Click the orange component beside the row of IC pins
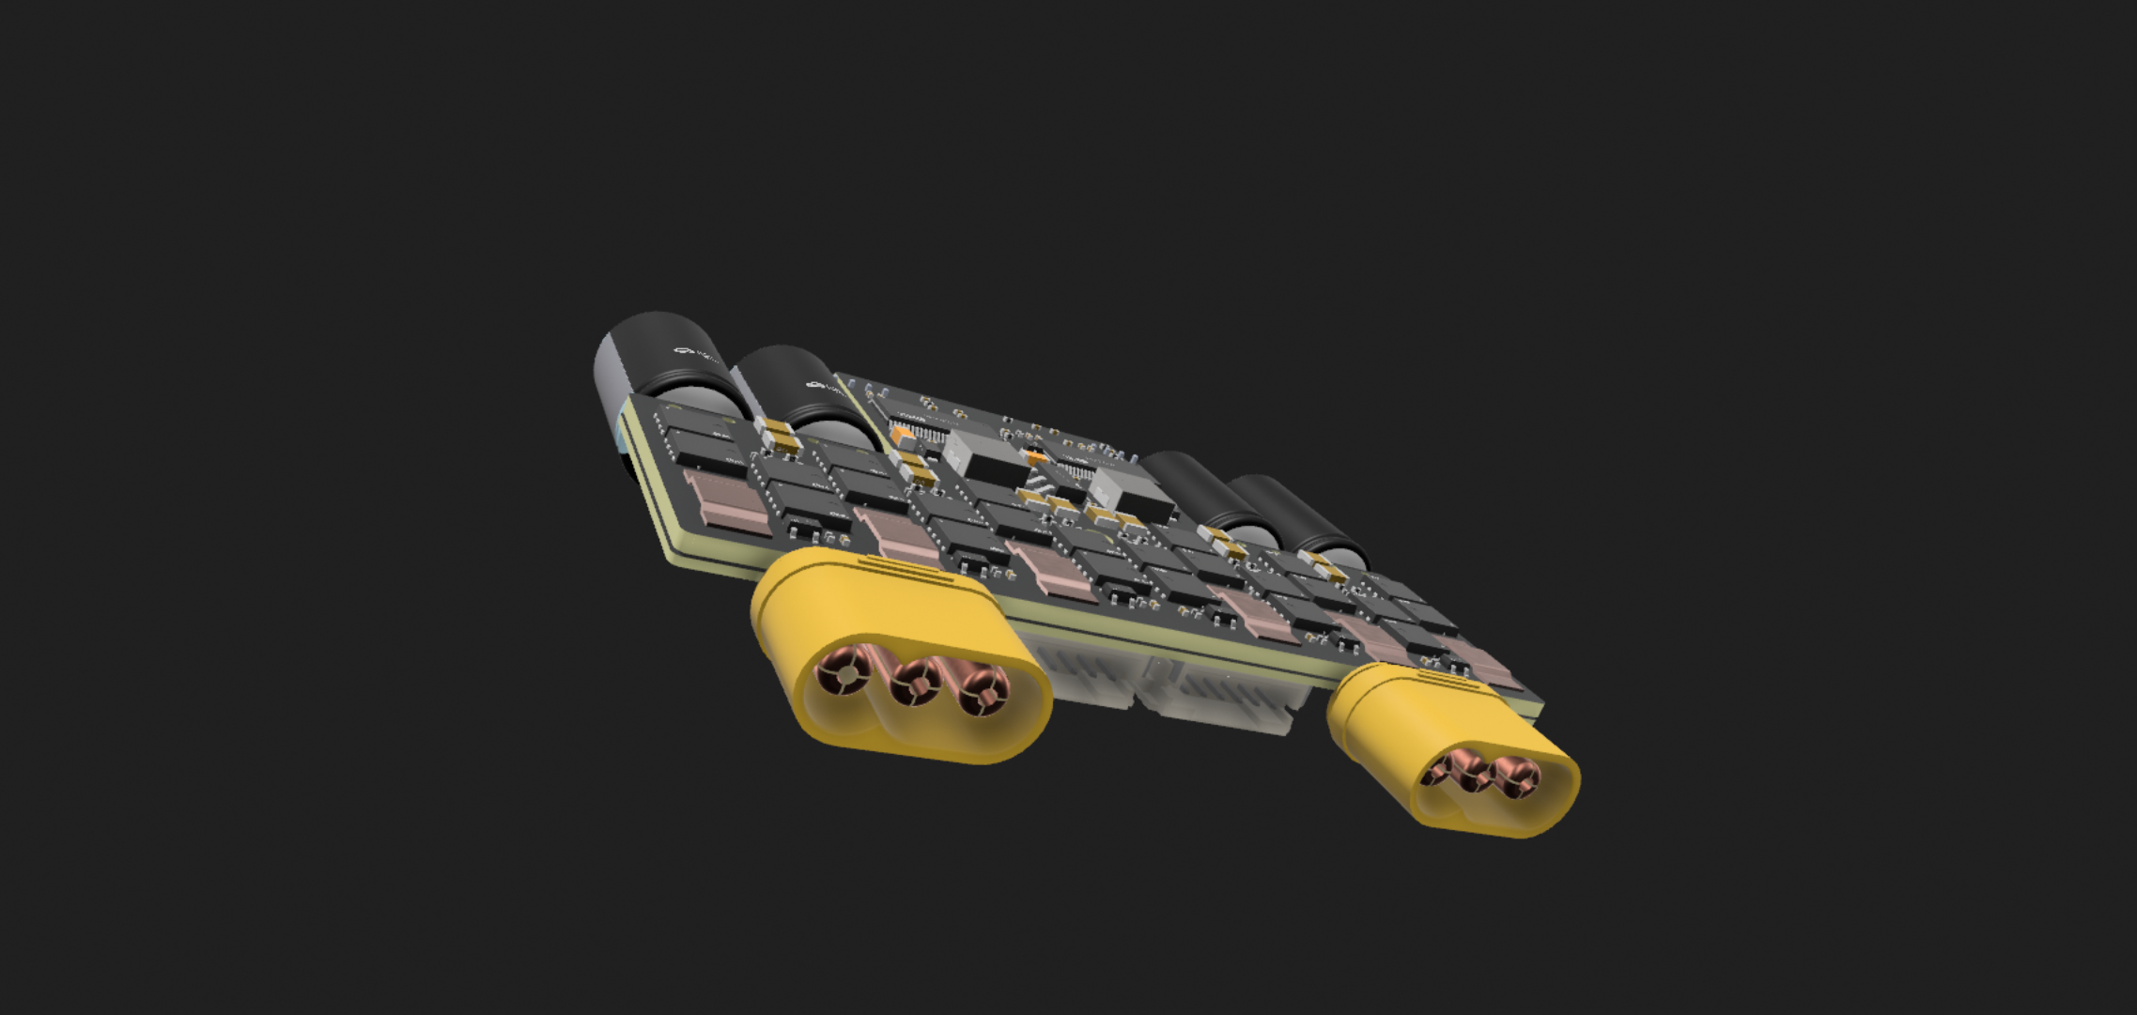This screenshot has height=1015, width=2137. pos(902,434)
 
